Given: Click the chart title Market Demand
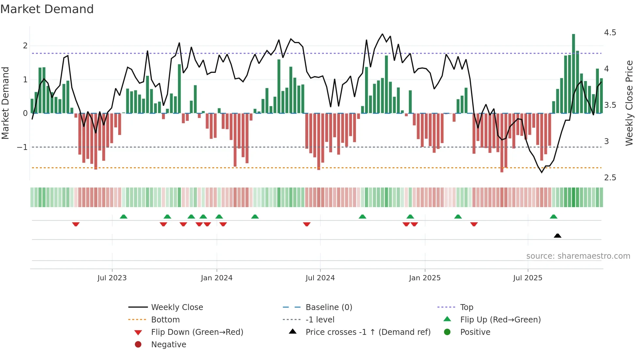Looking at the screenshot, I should point(47,9).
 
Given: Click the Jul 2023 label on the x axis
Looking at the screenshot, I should point(112,278).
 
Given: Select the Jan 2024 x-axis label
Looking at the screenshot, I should point(216,278).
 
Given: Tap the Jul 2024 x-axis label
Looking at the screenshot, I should point(320,278).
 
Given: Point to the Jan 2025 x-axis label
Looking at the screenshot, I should point(424,278).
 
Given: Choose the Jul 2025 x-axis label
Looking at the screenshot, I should point(528,278).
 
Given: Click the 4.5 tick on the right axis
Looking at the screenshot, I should point(610,33).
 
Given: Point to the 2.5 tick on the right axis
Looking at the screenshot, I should point(610,178).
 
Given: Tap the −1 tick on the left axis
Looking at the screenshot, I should point(22,147).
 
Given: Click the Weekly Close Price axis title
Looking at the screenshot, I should point(629,103).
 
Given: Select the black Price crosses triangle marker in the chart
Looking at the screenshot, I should point(557,236).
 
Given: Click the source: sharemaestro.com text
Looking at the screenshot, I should point(578,256).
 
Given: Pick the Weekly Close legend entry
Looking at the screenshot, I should point(177,307).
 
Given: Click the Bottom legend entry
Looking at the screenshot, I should point(165,320).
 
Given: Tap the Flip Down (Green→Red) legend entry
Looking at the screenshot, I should point(197,332).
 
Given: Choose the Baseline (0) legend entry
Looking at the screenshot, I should point(328,307).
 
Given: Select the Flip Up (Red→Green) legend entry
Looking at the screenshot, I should point(500,320).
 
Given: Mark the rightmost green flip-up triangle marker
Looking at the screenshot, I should point(553,217).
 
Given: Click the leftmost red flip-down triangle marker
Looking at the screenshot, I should point(76,224).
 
